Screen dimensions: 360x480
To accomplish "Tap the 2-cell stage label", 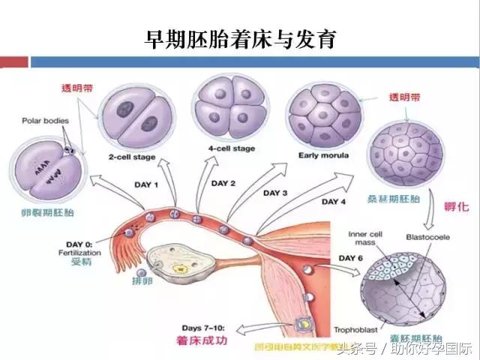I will point(133,157).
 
